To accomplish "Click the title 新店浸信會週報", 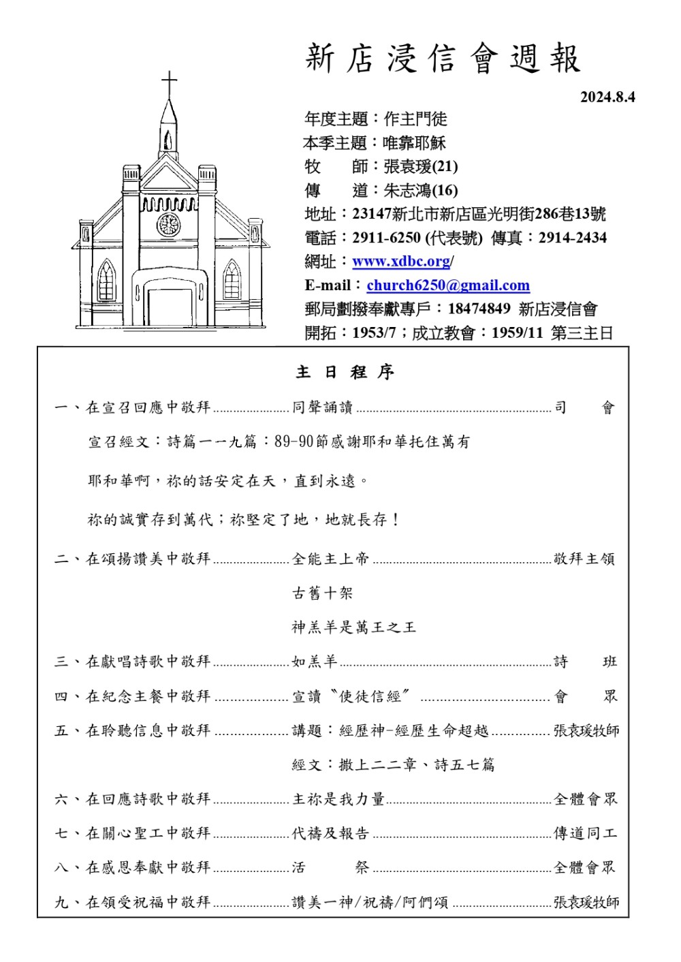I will click(x=443, y=59).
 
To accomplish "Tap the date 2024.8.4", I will click(x=607, y=97).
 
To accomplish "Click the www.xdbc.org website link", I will click(x=401, y=262).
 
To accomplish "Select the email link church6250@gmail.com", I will click(x=448, y=285).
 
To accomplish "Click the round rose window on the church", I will click(x=168, y=224).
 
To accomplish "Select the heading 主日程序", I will click(x=345, y=372).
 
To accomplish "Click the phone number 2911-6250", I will click(x=386, y=238).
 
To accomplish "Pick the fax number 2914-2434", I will click(x=572, y=238).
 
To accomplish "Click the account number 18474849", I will click(x=479, y=309).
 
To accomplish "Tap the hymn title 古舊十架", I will click(x=322, y=593).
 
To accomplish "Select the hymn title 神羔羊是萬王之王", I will click(x=353, y=627).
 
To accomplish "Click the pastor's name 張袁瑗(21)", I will click(x=421, y=166).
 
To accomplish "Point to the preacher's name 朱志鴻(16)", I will click(x=421, y=190).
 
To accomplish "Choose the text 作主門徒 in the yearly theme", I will click(x=415, y=119).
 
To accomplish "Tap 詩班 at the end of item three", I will click(x=585, y=662).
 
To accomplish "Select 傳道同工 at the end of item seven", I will click(x=585, y=833).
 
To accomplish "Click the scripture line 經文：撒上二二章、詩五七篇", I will click(x=393, y=764).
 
